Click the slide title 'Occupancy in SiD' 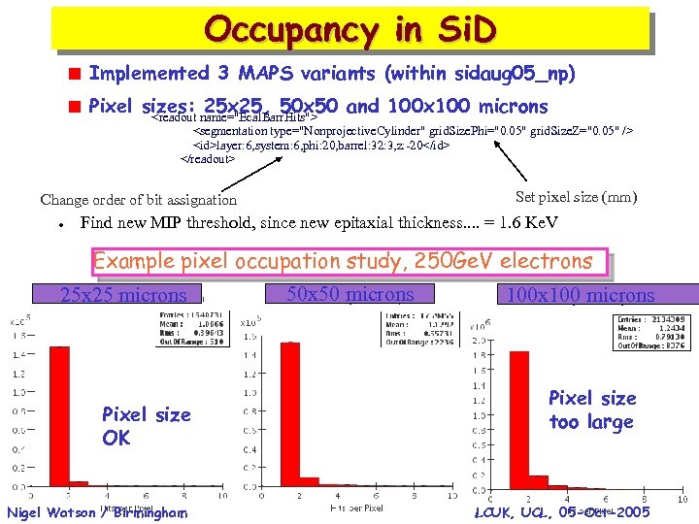(350, 29)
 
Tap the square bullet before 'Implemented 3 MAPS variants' (72, 74)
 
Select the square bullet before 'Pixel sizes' (72, 107)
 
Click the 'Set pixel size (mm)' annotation (576, 197)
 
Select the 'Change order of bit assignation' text (139, 200)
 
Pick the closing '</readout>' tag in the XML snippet (208, 158)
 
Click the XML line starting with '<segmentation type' (414, 129)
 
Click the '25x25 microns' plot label (123, 295)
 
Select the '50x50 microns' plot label (351, 294)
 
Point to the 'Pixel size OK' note (147, 426)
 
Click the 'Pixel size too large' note (591, 409)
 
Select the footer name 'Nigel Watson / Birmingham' (95, 511)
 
